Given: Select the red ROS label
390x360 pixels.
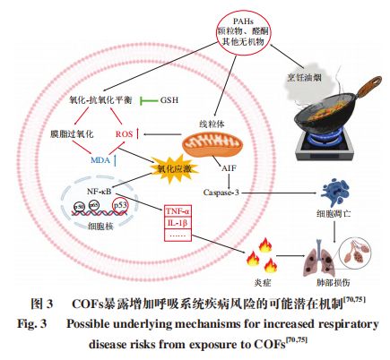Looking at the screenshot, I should (125, 134).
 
